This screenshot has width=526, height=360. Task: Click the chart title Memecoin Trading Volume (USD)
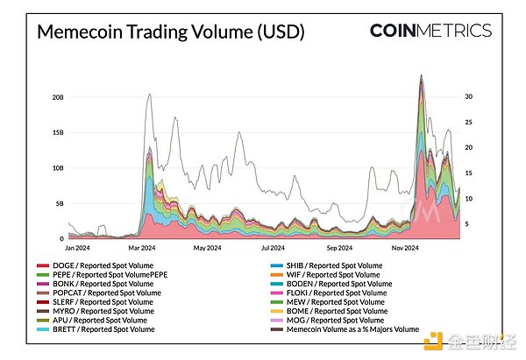(170, 33)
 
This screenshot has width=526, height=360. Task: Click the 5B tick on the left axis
(58, 203)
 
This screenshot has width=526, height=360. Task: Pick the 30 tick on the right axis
(469, 96)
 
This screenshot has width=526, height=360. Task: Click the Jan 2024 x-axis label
(80, 248)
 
